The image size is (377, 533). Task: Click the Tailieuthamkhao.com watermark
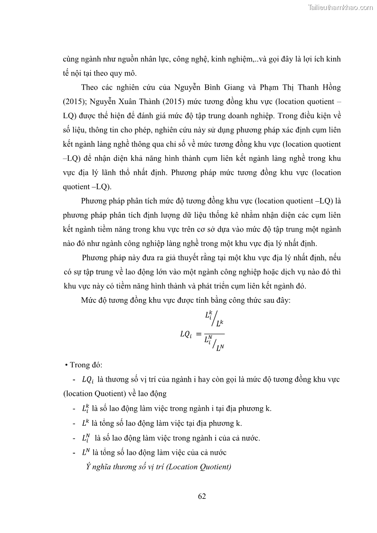340,7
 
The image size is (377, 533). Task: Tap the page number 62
202,496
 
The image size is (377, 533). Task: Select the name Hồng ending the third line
331,87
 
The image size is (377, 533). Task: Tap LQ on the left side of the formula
185,334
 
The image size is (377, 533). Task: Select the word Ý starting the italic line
88,467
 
